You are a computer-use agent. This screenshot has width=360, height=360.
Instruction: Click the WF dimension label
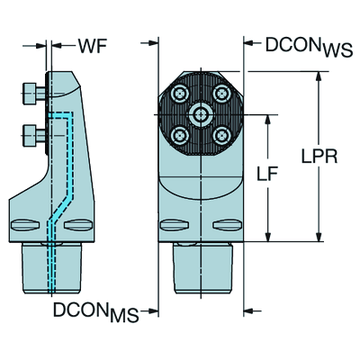point(93,46)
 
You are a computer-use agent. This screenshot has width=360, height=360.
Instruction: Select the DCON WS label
point(309,47)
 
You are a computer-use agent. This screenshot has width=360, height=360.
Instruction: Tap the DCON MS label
point(96,311)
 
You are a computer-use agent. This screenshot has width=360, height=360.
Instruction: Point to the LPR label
point(319,157)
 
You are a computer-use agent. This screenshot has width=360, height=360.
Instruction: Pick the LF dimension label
point(267,174)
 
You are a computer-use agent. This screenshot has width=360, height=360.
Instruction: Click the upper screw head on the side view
point(33,94)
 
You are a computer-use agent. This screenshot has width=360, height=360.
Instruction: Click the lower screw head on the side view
point(33,136)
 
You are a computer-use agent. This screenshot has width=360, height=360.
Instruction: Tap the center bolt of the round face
point(200,114)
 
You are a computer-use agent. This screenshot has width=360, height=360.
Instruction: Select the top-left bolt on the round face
point(180,94)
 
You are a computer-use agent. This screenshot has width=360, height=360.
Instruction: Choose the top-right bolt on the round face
point(221,94)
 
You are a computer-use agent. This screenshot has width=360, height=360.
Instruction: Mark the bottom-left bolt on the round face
point(180,136)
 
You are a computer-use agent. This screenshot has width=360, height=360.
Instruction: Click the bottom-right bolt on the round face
point(221,136)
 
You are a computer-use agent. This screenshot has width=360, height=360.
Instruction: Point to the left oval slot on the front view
point(175,225)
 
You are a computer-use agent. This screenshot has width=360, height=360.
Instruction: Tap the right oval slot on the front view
point(227,225)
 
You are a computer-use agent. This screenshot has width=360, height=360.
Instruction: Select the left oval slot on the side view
point(25,225)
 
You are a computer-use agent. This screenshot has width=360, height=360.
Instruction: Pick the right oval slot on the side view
point(78,225)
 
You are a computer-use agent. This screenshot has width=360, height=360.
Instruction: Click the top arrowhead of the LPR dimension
point(319,76)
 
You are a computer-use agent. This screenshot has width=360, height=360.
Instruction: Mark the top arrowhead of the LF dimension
point(268,119)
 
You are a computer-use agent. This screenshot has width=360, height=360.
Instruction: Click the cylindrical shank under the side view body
point(52,267)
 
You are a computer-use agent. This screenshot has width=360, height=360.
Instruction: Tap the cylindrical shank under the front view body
point(202,267)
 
